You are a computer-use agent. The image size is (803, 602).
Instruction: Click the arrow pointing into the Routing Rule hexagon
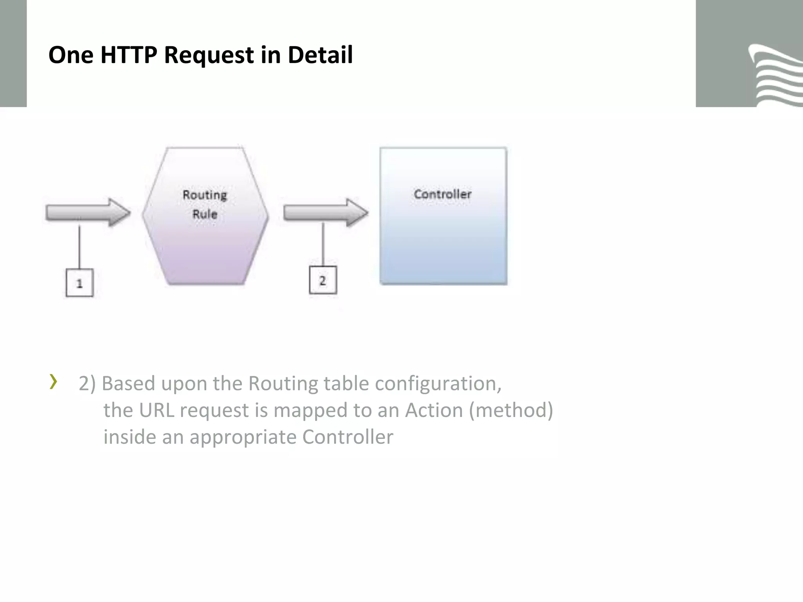[x=88, y=212]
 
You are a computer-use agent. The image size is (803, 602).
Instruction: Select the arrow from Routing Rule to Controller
[x=325, y=212]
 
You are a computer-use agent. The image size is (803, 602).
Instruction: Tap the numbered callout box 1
[x=80, y=283]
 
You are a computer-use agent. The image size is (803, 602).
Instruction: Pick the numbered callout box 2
[x=323, y=280]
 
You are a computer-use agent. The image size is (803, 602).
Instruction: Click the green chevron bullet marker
[x=53, y=382]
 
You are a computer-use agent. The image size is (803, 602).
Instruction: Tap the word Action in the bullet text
[x=434, y=410]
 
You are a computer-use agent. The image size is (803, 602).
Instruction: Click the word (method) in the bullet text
[x=511, y=410]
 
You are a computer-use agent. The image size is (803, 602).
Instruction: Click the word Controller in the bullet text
[x=347, y=437]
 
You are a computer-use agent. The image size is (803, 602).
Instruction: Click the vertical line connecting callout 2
[x=323, y=245]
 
